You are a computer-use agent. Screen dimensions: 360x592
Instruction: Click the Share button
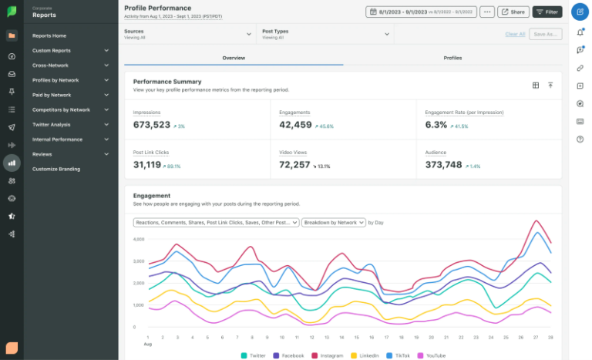[x=513, y=12]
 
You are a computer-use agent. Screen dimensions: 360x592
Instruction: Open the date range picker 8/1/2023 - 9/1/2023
[x=420, y=12]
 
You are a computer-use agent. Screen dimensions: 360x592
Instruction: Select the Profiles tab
[x=452, y=58]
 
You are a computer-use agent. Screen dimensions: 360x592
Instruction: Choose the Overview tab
[x=234, y=58]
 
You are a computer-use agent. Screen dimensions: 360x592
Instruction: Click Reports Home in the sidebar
[x=49, y=35]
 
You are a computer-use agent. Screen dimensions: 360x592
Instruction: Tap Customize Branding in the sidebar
[x=56, y=169]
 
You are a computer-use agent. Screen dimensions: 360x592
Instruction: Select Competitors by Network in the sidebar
[x=61, y=109]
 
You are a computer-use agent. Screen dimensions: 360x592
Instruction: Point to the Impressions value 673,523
[x=152, y=125]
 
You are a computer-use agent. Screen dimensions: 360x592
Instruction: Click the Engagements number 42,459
[x=295, y=125]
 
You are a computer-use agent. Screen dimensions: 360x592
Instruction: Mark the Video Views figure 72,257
[x=295, y=165]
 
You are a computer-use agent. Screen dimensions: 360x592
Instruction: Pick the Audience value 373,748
[x=444, y=165]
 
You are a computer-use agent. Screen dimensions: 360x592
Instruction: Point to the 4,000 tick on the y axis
[x=139, y=239]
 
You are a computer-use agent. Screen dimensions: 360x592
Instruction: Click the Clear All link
[x=515, y=34]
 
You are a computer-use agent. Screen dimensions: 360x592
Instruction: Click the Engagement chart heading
[x=152, y=196]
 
